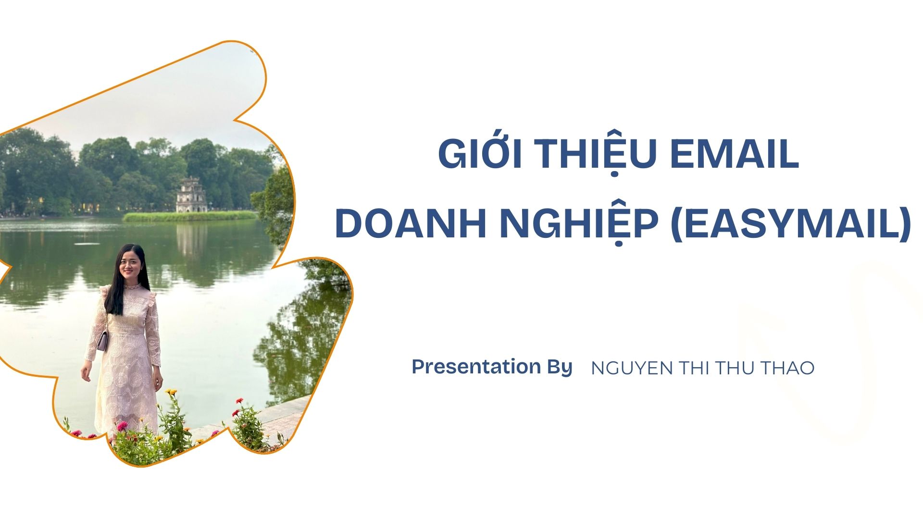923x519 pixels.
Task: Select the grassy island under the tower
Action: point(190,216)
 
